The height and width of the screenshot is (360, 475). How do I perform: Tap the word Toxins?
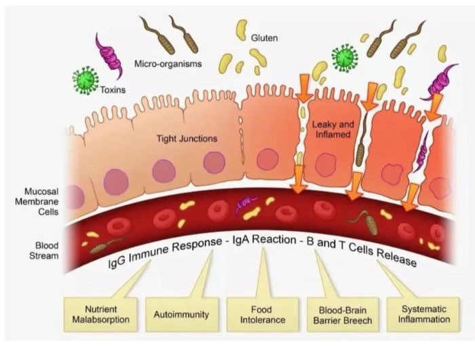coord(113,90)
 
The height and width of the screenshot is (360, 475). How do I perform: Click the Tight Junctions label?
coord(187,139)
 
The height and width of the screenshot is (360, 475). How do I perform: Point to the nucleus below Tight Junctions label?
coord(214,163)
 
